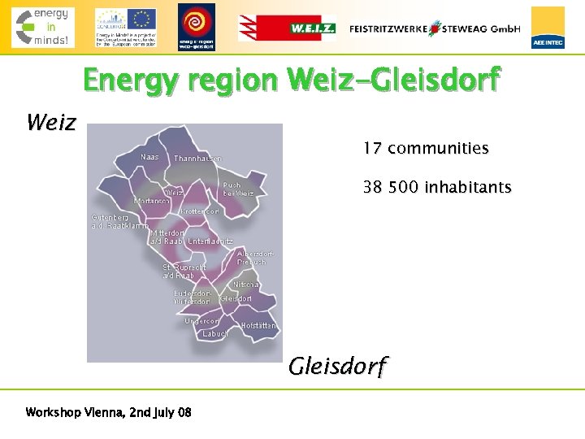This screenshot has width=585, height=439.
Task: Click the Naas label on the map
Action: pos(149,157)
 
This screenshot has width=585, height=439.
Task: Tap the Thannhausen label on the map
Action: pos(197,159)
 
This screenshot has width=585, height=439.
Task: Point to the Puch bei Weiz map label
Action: pos(238,189)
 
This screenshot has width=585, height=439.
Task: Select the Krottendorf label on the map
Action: pos(200,211)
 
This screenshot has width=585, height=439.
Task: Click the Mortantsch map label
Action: pos(152,201)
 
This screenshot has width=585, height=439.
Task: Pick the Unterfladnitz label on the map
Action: pos(210,241)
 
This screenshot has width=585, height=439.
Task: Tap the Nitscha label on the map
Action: pos(246,285)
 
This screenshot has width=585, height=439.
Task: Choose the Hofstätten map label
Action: pos(258,325)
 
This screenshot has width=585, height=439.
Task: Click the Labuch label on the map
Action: pos(215,333)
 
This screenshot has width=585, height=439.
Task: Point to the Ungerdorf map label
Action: pos(201,321)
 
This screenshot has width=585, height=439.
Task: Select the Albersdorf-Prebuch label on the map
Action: pos(255,258)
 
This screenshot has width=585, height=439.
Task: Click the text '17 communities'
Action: pos(426,149)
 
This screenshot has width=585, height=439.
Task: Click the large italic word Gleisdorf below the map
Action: pos(338,367)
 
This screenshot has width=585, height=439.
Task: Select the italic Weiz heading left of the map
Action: pos(51,123)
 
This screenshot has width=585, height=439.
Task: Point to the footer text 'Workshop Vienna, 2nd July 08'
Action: pos(109,413)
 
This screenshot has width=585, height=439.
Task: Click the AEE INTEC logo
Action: pos(548,28)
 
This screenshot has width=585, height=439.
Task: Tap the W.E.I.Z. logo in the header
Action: pos(287,28)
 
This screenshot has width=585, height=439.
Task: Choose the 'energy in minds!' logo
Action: pos(42,27)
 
